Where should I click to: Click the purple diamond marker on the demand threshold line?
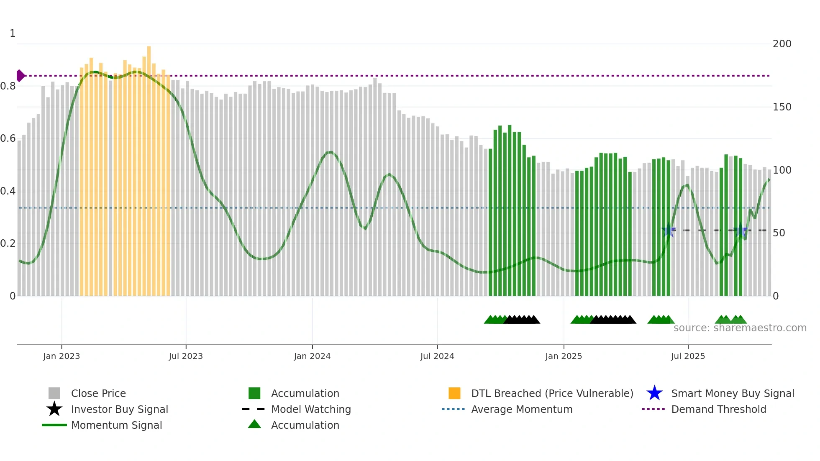pyautogui.click(x=20, y=76)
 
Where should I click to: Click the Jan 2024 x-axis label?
pyautogui.click(x=312, y=356)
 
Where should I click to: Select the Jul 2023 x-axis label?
pyautogui.click(x=186, y=356)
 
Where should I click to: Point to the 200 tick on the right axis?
pyautogui.click(x=782, y=44)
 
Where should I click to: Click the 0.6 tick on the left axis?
pyautogui.click(x=8, y=138)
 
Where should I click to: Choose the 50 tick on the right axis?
pyautogui.click(x=779, y=233)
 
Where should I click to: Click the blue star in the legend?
pyautogui.click(x=654, y=393)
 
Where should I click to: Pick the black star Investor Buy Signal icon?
pyautogui.click(x=54, y=409)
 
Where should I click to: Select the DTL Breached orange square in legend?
pyautogui.click(x=454, y=393)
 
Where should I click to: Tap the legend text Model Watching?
pyautogui.click(x=311, y=409)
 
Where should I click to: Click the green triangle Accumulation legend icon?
pyautogui.click(x=254, y=424)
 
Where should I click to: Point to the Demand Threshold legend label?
pyautogui.click(x=718, y=409)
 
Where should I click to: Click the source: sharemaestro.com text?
pyautogui.click(x=740, y=328)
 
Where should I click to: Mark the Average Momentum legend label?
pyautogui.click(x=522, y=409)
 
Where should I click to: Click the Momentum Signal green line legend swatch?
pyautogui.click(x=54, y=425)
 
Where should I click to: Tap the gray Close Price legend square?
pyautogui.click(x=54, y=393)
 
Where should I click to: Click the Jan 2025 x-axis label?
pyautogui.click(x=564, y=356)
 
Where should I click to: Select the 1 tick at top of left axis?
pyautogui.click(x=13, y=33)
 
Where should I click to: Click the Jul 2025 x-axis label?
pyautogui.click(x=688, y=356)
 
